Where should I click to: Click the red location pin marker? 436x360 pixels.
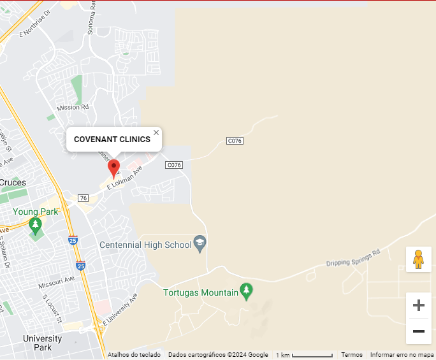point(114,168)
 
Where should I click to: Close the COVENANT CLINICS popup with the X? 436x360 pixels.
point(156,133)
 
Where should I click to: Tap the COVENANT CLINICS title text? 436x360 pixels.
point(112,139)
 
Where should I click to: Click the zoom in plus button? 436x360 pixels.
point(418,305)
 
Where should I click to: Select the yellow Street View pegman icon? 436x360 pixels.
point(418,259)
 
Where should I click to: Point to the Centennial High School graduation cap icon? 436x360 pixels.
point(200,244)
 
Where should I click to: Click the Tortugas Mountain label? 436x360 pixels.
point(200,293)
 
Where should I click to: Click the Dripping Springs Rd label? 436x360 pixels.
point(353,257)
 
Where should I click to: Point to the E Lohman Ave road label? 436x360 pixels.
point(124,178)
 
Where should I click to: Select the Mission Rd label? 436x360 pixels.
point(73,108)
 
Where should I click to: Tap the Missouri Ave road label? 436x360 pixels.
point(56,280)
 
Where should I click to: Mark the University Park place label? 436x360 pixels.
point(43,343)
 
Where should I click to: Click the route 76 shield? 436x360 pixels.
point(83,198)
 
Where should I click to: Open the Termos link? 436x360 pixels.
point(352,355)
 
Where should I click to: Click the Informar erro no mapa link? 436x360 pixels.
point(402,355)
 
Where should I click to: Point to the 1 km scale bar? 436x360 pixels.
point(305,355)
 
